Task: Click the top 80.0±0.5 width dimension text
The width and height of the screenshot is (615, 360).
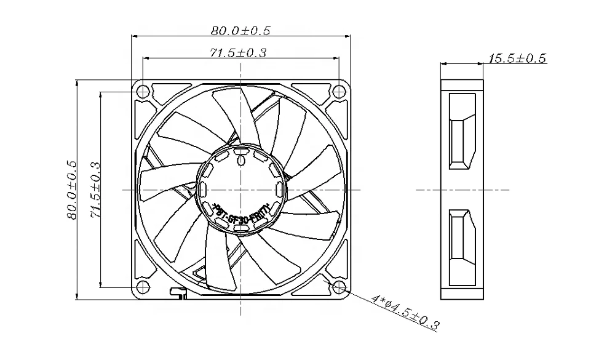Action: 240,29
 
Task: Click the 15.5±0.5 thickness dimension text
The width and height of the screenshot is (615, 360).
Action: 517,58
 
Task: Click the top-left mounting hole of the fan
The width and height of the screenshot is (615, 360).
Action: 143,92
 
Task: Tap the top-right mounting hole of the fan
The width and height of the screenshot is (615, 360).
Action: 338,92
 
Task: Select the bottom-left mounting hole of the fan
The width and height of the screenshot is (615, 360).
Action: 143,287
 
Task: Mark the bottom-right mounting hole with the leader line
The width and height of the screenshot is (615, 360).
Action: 338,287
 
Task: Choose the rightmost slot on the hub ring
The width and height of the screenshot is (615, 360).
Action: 280,189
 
